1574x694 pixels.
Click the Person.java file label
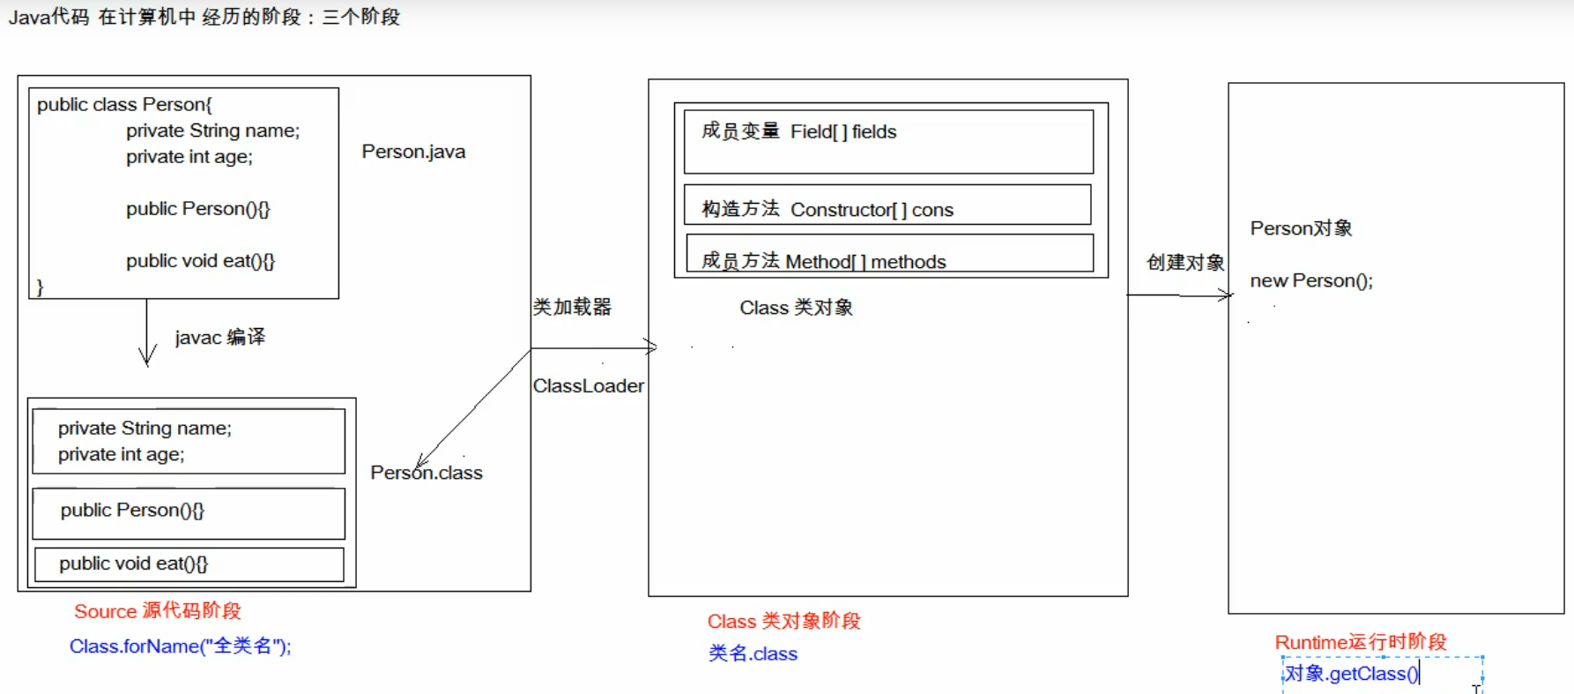pyautogui.click(x=413, y=152)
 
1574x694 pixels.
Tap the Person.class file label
pyautogui.click(x=427, y=473)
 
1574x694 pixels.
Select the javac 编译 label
pyautogui.click(x=219, y=337)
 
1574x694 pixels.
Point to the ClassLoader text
pyautogui.click(x=588, y=386)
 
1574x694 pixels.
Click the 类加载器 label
pyautogui.click(x=572, y=307)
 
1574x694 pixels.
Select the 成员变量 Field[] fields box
pyautogui.click(x=888, y=141)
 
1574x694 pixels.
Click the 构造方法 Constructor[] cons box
pyautogui.click(x=887, y=205)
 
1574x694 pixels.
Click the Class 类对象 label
pyautogui.click(x=796, y=308)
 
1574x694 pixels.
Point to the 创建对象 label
pyautogui.click(x=1185, y=263)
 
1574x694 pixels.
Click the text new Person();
pyautogui.click(x=1311, y=280)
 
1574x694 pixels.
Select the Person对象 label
pyautogui.click(x=1301, y=228)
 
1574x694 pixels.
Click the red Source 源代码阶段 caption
pyautogui.click(x=158, y=611)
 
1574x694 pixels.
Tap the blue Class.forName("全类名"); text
pyautogui.click(x=180, y=646)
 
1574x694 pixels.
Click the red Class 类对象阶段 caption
pyautogui.click(x=783, y=622)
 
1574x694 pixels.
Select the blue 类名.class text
pyautogui.click(x=753, y=653)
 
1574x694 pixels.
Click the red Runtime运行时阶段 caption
pyautogui.click(x=1360, y=642)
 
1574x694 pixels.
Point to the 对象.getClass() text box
pyautogui.click(x=1382, y=675)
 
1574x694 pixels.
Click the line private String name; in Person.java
pyautogui.click(x=212, y=131)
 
